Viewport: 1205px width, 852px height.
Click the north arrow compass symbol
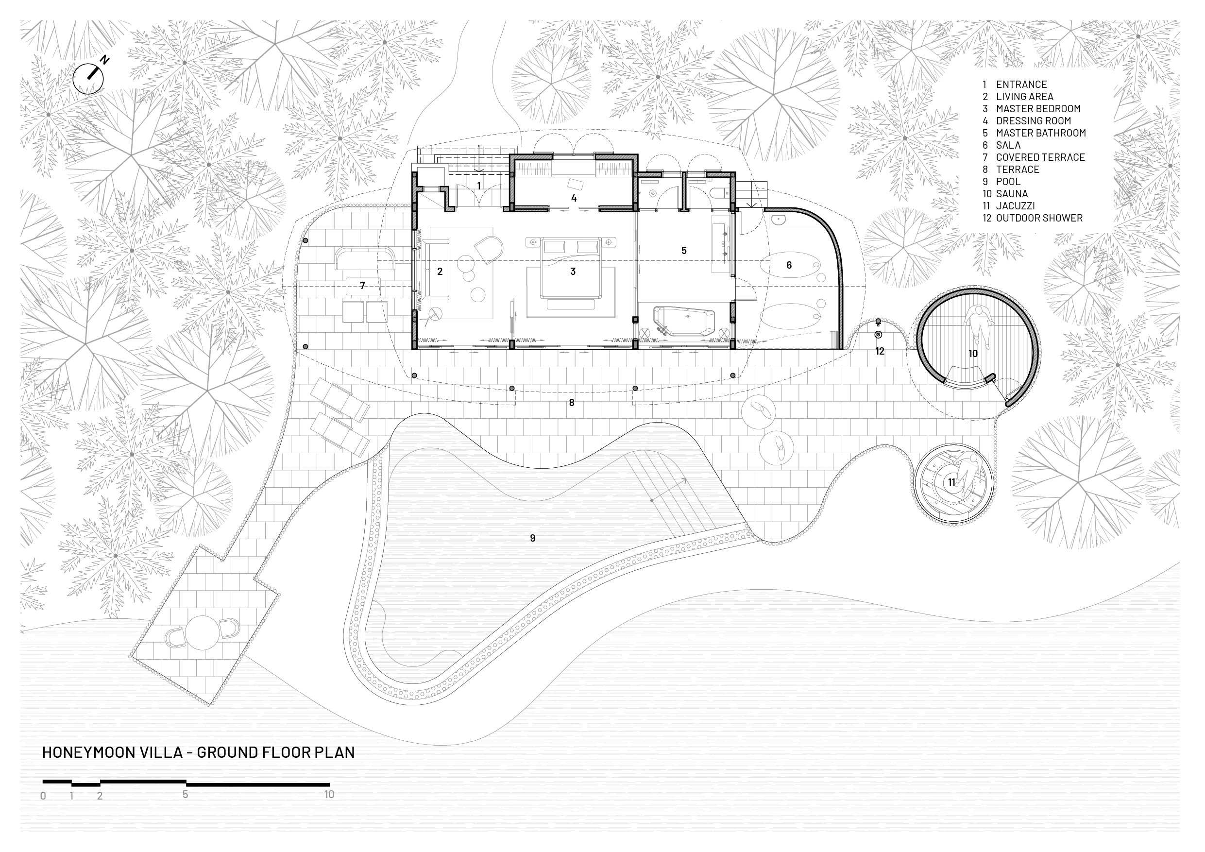[x=89, y=79]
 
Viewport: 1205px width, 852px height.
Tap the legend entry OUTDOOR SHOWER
[x=1039, y=218]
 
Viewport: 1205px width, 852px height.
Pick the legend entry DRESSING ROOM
[x=1034, y=121]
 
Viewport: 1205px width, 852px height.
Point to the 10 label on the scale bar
[x=329, y=794]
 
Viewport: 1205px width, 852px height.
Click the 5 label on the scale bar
[x=185, y=794]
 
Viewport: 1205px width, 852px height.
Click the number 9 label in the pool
[x=533, y=538]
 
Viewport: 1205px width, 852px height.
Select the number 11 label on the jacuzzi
[x=951, y=482]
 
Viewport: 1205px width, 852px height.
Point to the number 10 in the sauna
[x=973, y=354]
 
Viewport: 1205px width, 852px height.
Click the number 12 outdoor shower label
[x=880, y=351]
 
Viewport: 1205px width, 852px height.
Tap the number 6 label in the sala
[x=789, y=265]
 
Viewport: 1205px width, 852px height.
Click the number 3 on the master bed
[x=573, y=272]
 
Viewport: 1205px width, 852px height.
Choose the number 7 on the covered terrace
[x=362, y=286]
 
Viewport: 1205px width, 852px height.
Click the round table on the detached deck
[x=202, y=632]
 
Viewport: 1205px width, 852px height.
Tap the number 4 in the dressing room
[x=574, y=198]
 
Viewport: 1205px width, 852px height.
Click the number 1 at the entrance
[x=478, y=185]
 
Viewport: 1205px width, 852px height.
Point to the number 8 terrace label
[x=572, y=403]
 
